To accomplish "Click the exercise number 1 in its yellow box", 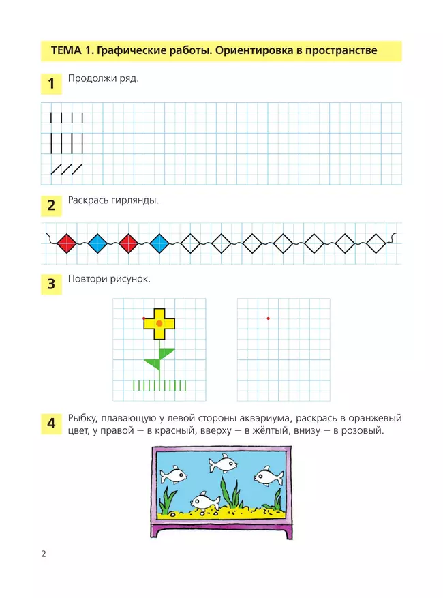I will click(51, 85).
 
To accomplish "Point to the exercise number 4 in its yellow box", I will click(51, 423).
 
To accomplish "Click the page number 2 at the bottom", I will click(44, 554).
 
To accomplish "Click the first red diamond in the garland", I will click(67, 242).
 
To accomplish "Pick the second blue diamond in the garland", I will click(159, 242).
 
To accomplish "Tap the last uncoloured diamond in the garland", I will click(376, 242).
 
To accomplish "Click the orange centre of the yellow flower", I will click(159, 322).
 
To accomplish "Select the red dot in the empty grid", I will click(269, 318).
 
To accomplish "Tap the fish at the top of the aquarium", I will click(222, 464).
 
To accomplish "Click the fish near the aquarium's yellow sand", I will click(204, 501).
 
